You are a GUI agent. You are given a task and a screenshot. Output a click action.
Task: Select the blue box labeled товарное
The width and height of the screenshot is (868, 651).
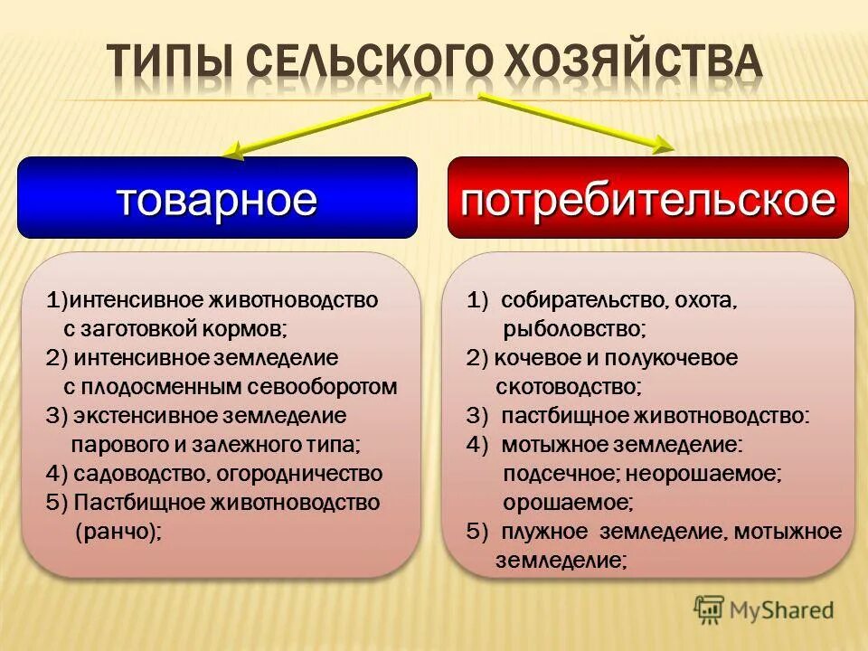pyautogui.click(x=217, y=198)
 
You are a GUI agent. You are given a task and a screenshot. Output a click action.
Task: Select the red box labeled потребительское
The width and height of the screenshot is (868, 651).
pyautogui.click(x=647, y=198)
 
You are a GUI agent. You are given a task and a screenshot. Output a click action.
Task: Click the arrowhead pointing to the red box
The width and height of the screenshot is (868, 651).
pyautogui.click(x=663, y=144)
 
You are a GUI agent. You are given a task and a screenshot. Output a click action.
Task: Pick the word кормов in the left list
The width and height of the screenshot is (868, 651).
pyautogui.click(x=250, y=328)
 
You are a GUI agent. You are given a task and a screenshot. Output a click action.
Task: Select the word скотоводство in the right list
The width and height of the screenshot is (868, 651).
pyautogui.click(x=568, y=386)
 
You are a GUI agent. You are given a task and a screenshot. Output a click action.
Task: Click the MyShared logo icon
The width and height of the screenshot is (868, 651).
pyautogui.click(x=710, y=609)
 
